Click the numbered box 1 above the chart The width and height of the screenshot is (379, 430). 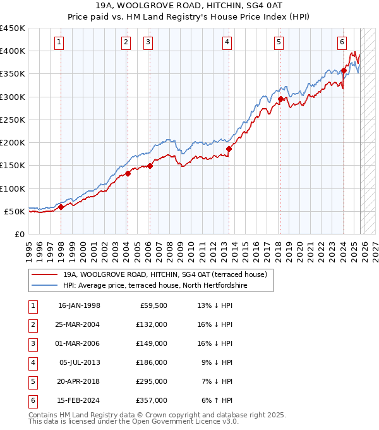tap(59, 42)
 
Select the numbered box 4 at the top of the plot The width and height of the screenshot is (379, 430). tap(226, 42)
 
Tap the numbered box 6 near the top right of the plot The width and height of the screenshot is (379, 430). tap(341, 42)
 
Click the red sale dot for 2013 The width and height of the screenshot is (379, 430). tap(229, 149)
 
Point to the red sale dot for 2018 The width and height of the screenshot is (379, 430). tap(280, 99)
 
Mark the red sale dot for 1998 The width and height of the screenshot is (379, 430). tap(61, 207)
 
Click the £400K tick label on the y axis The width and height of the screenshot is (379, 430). tap(13, 51)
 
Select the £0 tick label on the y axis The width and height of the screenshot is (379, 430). tap(20, 235)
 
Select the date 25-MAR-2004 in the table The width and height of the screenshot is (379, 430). tap(78, 324)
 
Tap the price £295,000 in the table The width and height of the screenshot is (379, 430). tap(152, 381)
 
